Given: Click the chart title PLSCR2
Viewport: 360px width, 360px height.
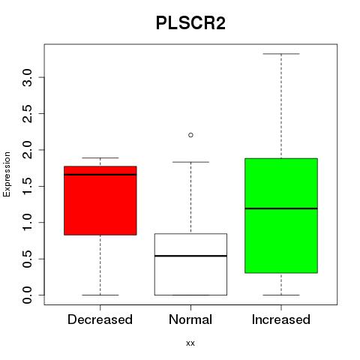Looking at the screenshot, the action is pyautogui.click(x=190, y=23).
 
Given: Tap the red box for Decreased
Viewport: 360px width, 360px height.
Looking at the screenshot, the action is pyautogui.click(x=100, y=200).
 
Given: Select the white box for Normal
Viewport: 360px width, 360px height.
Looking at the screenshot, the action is pyautogui.click(x=190, y=264).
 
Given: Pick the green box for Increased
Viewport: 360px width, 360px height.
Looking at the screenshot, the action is pyautogui.click(x=281, y=215).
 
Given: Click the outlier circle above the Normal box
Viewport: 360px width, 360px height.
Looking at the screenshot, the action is pyautogui.click(x=190, y=135).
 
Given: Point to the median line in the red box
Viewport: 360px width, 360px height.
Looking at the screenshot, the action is pyautogui.click(x=100, y=175).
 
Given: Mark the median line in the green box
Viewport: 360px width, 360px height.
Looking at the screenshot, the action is pyautogui.click(x=281, y=208).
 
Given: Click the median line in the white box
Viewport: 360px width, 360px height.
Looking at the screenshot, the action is pyautogui.click(x=190, y=256).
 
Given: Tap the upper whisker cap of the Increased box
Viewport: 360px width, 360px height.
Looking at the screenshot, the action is pyautogui.click(x=281, y=54).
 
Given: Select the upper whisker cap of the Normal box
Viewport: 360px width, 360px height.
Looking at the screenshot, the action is pyautogui.click(x=190, y=162).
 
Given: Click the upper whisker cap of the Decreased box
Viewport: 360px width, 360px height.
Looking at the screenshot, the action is pyautogui.click(x=100, y=157).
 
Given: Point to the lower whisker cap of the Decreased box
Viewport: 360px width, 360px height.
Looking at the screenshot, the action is pyautogui.click(x=100, y=295).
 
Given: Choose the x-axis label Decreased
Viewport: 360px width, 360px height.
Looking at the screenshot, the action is pyautogui.click(x=100, y=319).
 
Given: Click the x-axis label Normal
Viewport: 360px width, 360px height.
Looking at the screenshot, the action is pyautogui.click(x=190, y=319).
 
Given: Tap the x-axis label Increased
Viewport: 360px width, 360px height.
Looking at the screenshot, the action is pyautogui.click(x=281, y=319).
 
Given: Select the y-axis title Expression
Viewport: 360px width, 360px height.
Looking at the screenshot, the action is pyautogui.click(x=7, y=174).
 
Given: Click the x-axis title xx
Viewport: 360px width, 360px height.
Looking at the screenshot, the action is pyautogui.click(x=190, y=343).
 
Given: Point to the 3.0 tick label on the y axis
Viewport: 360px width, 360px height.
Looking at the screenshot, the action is pyautogui.click(x=27, y=77).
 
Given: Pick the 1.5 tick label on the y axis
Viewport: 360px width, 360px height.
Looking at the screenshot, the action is pyautogui.click(x=27, y=186).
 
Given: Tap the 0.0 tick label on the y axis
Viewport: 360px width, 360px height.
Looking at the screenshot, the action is pyautogui.click(x=27, y=295).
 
